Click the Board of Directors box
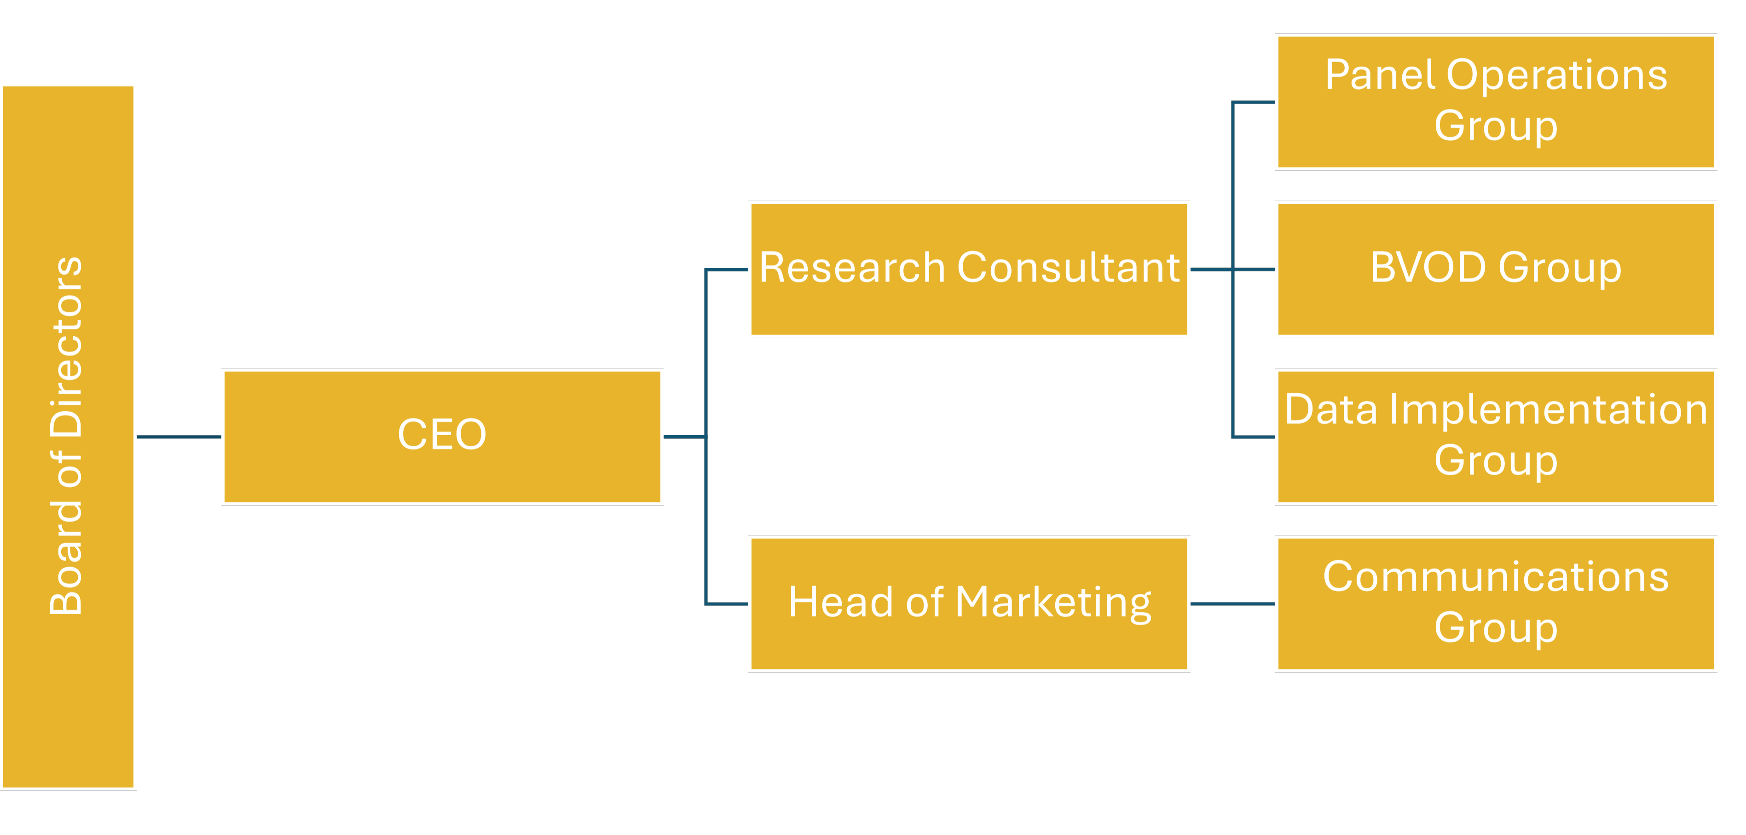click(x=68, y=678)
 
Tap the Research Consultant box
click(x=969, y=312)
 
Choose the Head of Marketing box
click(x=969, y=644)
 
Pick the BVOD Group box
click(x=1496, y=312)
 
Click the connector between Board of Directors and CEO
click(x=179, y=437)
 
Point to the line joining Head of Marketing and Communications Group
click(x=1232, y=603)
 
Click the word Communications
click(x=1496, y=577)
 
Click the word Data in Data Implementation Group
click(x=1331, y=409)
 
